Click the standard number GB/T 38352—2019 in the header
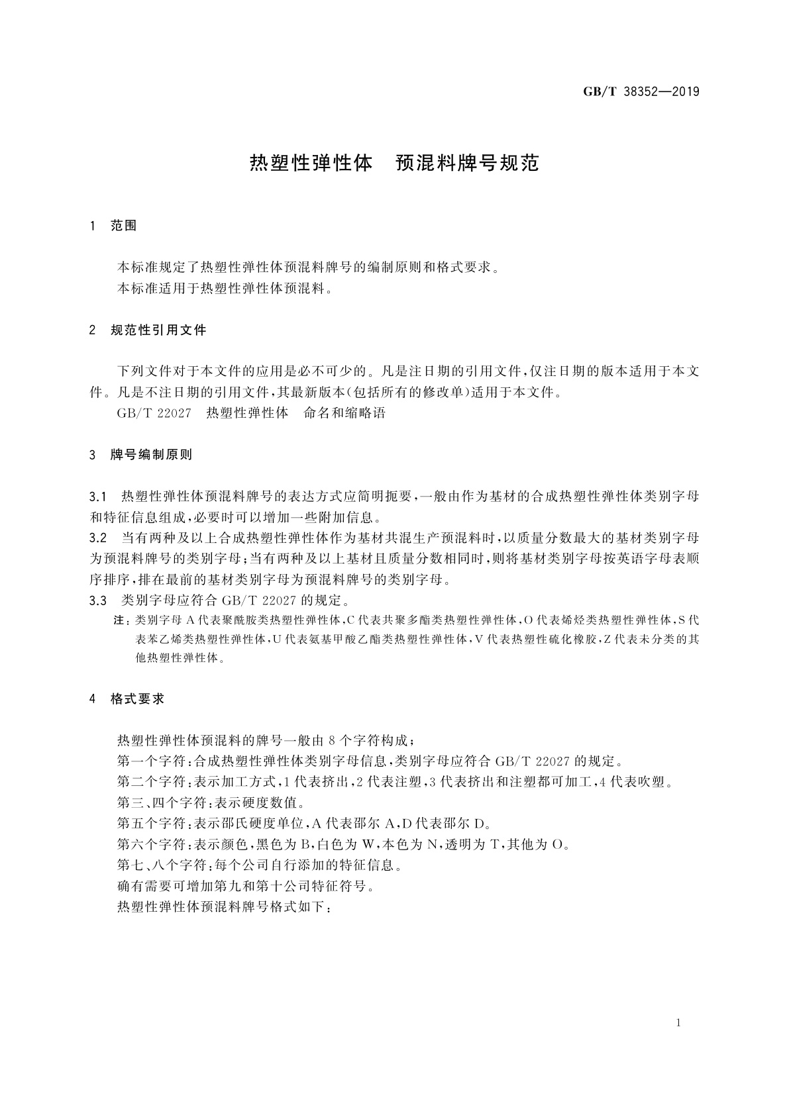641,92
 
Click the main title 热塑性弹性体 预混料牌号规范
394,164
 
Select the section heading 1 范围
113,226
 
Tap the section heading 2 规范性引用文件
148,330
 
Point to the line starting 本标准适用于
224,289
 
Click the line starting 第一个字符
369,760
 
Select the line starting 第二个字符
396,781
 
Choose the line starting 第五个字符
303,824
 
